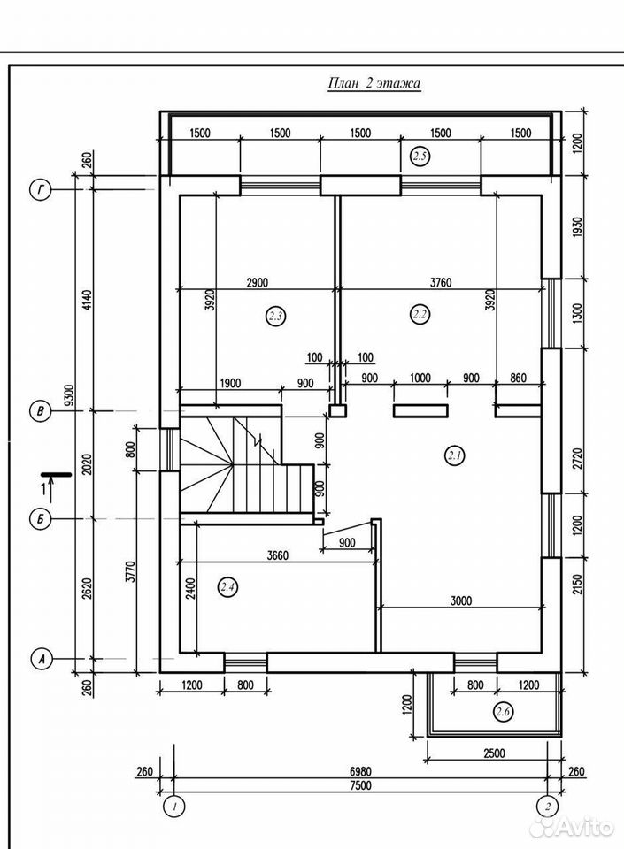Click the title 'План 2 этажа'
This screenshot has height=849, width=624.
(374, 83)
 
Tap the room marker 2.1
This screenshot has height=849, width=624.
(454, 456)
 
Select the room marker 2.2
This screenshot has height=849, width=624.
(420, 314)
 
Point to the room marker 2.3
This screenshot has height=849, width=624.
(275, 315)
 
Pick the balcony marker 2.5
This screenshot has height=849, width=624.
(420, 157)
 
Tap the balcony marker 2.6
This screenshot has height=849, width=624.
(504, 711)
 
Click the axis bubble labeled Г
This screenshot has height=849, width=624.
(40, 190)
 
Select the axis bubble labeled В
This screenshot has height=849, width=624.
(40, 411)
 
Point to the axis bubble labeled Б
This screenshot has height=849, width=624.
(40, 519)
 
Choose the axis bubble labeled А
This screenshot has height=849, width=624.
(41, 659)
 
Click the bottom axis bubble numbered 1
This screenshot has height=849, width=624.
(174, 807)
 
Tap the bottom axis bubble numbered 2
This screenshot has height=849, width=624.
(549, 807)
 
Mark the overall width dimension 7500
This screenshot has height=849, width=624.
(359, 785)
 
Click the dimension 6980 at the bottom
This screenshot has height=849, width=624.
(359, 771)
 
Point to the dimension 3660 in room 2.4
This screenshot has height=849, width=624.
(277, 555)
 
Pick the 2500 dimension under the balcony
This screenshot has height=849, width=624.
(494, 753)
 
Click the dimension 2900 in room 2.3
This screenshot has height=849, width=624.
(257, 283)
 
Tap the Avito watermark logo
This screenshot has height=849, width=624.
(572, 828)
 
